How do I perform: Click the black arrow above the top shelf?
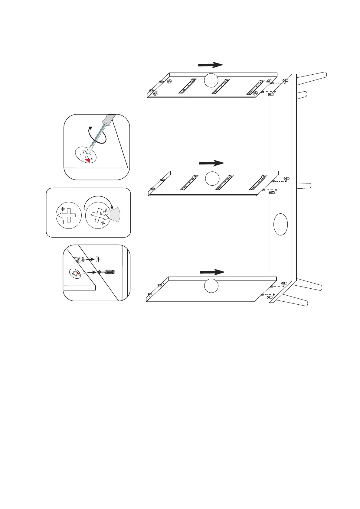(211, 65)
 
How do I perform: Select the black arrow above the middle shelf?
(212, 163)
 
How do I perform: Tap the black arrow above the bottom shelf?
(212, 272)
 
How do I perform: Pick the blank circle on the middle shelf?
(212, 178)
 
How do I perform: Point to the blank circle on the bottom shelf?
(211, 286)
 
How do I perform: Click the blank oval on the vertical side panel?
(280, 224)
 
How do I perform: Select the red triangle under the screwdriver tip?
(88, 160)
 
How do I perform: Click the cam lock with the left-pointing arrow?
(69, 215)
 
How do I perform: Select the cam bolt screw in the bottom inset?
(106, 272)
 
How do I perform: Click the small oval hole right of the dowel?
(97, 259)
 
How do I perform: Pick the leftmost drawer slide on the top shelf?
(187, 86)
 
